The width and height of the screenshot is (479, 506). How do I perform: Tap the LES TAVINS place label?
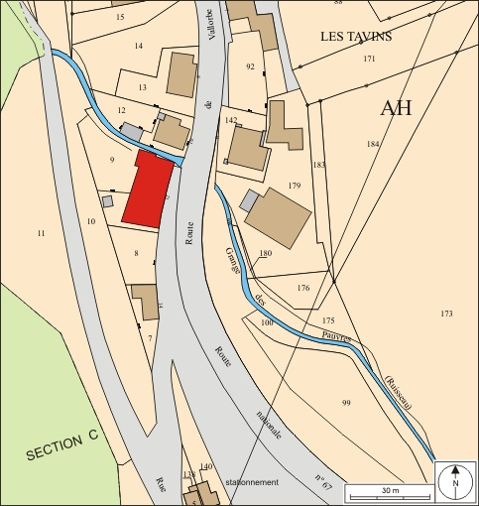[x=356, y=37]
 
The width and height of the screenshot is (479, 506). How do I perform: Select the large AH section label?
[x=396, y=109]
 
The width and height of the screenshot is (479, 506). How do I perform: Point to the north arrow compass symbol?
[x=455, y=482]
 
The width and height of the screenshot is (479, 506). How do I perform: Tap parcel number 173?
[x=446, y=314]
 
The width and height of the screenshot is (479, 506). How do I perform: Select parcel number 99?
[x=346, y=403]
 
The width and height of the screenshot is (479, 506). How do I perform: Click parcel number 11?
[x=42, y=233]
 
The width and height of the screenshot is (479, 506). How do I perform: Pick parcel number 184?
[x=373, y=144]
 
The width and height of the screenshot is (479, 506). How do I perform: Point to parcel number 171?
[x=369, y=60]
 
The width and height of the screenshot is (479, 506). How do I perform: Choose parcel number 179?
[x=294, y=187]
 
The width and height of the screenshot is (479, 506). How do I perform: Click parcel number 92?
[x=250, y=66]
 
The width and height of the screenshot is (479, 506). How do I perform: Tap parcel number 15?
[x=120, y=18]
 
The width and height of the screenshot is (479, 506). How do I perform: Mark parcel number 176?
[x=303, y=288]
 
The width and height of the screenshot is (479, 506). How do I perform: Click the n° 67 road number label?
[x=323, y=483]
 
